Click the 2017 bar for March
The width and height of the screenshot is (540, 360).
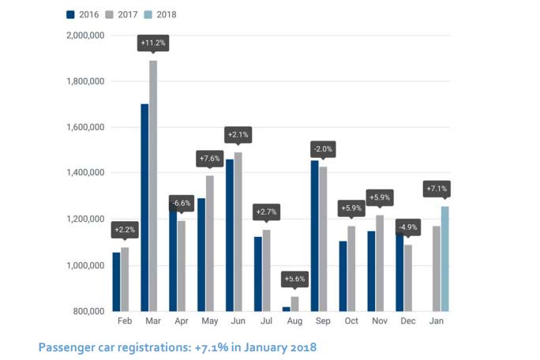(x=153, y=186)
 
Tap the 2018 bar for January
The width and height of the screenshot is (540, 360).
(x=445, y=258)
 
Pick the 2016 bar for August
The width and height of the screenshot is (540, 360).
(x=286, y=308)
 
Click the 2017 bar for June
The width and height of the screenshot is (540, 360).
(x=238, y=231)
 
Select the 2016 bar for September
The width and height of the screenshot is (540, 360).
(x=315, y=235)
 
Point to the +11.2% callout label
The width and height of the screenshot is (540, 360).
(x=153, y=43)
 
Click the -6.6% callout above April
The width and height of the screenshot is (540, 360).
(x=181, y=203)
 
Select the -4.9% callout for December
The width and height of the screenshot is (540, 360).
(x=407, y=227)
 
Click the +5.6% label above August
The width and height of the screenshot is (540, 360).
(x=294, y=279)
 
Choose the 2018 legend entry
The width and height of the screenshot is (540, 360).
(x=160, y=14)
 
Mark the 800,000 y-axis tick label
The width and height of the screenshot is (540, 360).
(x=86, y=310)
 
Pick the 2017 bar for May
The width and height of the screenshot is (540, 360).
(x=209, y=243)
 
